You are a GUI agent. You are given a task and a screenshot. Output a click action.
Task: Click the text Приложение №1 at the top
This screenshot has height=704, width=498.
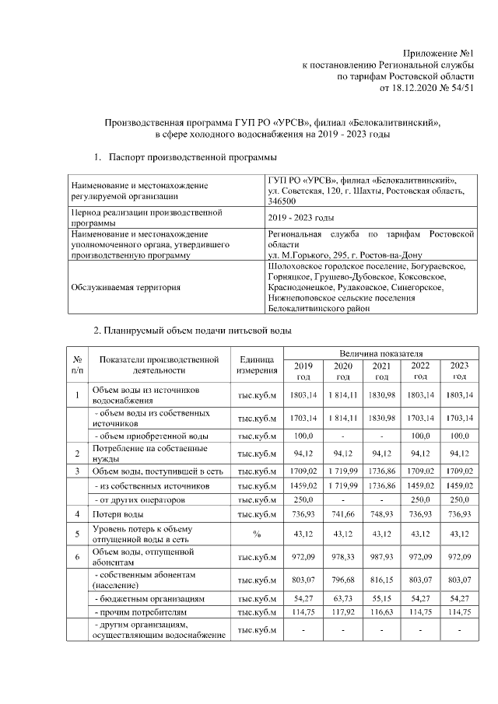tap(438, 51)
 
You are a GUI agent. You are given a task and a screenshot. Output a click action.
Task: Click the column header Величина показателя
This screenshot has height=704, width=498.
tap(381, 354)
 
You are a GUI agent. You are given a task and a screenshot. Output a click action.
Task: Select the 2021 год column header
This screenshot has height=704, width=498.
tap(381, 371)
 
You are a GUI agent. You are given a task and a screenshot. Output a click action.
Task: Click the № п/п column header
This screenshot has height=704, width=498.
tap(77, 363)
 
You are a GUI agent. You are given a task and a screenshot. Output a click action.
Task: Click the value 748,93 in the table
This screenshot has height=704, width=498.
tap(381, 514)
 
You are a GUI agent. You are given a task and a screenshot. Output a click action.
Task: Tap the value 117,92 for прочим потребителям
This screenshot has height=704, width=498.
tap(342, 613)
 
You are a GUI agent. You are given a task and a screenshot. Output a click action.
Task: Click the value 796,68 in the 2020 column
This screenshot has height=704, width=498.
tap(342, 579)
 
